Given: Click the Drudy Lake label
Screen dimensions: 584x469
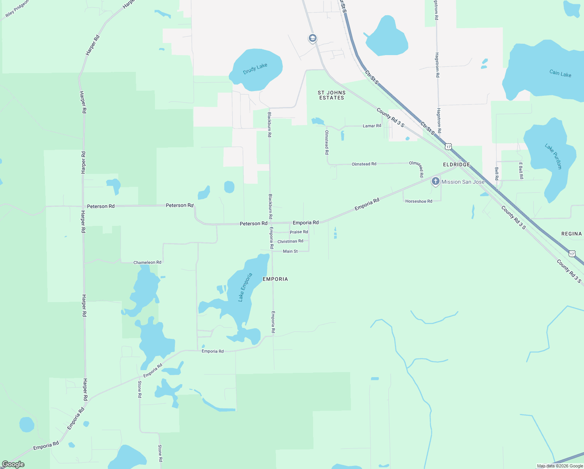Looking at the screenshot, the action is point(255,69).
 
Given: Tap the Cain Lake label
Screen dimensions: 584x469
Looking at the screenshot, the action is point(560,73).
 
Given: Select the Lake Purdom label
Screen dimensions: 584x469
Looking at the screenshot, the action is point(553,156).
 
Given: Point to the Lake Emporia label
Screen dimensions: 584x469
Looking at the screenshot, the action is point(245,287).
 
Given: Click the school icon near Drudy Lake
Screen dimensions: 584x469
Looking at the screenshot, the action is point(312,38).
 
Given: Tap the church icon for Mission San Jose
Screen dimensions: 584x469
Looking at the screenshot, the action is point(435,181).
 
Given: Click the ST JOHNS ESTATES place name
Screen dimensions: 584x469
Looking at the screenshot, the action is point(331,95).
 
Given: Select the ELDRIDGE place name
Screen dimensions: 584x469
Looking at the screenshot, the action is point(456,165).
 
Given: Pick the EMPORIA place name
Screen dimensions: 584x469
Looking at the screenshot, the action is point(275,279).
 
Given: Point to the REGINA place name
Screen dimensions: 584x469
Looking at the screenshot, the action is point(572,234).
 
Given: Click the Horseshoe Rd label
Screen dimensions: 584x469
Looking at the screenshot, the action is point(418,201).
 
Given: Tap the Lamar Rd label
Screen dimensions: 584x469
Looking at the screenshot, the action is point(372,126).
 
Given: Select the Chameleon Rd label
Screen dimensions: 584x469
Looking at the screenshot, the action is point(147,263).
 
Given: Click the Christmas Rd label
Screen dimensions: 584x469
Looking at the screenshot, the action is point(290,242).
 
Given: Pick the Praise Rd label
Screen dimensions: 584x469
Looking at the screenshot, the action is point(299,232).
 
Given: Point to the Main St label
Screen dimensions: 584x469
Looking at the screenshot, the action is point(290,251).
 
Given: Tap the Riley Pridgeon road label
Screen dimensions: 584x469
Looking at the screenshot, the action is point(17,9).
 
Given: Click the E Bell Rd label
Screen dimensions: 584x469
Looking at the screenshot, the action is point(521,170).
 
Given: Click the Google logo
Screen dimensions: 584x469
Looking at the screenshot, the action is point(13,464).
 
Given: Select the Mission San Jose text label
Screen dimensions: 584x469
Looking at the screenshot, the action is point(463,182).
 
